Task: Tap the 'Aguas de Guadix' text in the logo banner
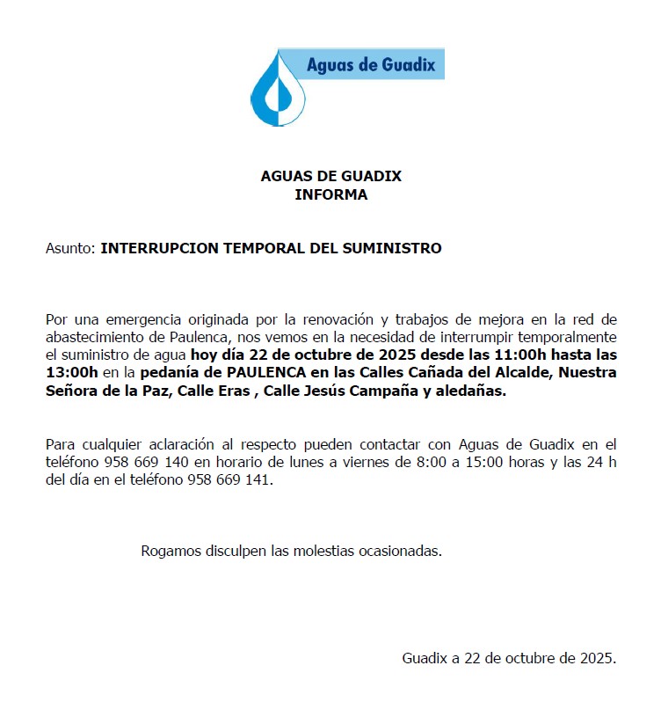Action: coord(370,65)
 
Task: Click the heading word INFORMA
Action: coord(330,195)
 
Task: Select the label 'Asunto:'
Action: coord(70,249)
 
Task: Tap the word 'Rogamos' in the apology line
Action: coord(171,552)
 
